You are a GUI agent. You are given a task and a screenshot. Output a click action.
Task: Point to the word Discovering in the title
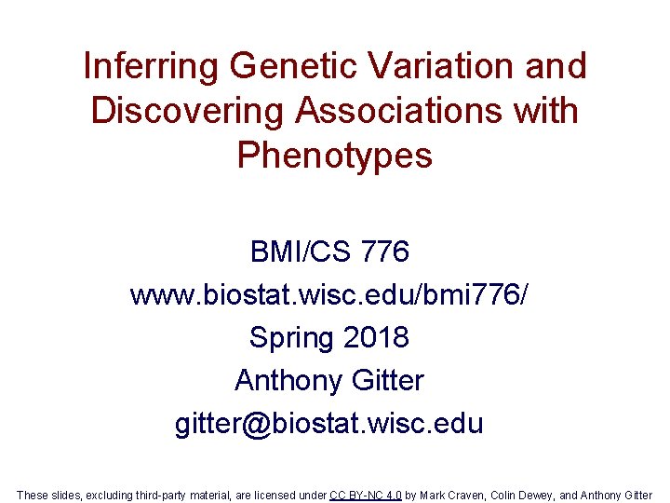click(x=188, y=111)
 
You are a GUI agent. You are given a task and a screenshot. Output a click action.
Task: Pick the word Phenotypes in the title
click(x=335, y=156)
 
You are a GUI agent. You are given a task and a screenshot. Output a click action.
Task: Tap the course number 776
click(x=383, y=251)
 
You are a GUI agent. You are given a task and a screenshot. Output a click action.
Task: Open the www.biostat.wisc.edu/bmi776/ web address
click(x=334, y=295)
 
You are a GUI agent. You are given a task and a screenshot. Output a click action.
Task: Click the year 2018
click(x=375, y=337)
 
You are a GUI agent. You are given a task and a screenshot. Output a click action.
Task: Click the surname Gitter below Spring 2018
click(x=390, y=380)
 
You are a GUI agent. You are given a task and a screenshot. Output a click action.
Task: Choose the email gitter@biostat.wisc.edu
click(x=329, y=424)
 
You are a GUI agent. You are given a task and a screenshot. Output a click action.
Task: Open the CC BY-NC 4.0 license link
click(x=365, y=495)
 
